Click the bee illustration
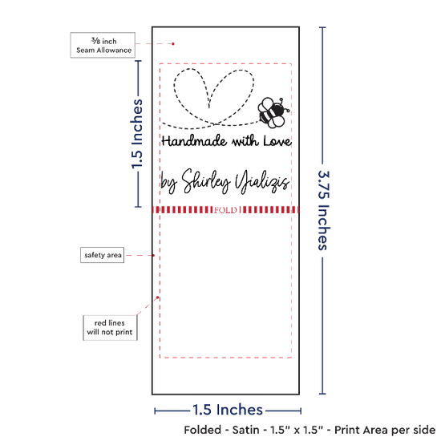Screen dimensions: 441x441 pos(273,113)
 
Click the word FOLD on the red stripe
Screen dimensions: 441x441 pos(225,210)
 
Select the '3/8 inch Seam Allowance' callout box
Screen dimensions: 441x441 pos(103,45)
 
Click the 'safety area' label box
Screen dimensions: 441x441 pos(103,255)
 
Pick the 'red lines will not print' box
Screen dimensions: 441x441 pos(110,328)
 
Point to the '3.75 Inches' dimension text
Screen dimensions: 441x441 pos(324,210)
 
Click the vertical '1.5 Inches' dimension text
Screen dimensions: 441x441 pos(137,134)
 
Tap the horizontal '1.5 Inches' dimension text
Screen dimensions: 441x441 pos(228,410)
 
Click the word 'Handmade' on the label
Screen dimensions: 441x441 pos(194,140)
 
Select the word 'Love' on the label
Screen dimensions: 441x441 pos(277,141)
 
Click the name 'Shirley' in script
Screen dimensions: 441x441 pos(206,181)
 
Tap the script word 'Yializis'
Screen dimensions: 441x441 pos(262,182)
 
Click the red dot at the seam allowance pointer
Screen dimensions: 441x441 pos(173,44)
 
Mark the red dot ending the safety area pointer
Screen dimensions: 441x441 pos(154,255)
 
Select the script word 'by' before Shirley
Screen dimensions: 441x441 pos(168,183)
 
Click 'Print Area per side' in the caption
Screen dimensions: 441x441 pos(385,430)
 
